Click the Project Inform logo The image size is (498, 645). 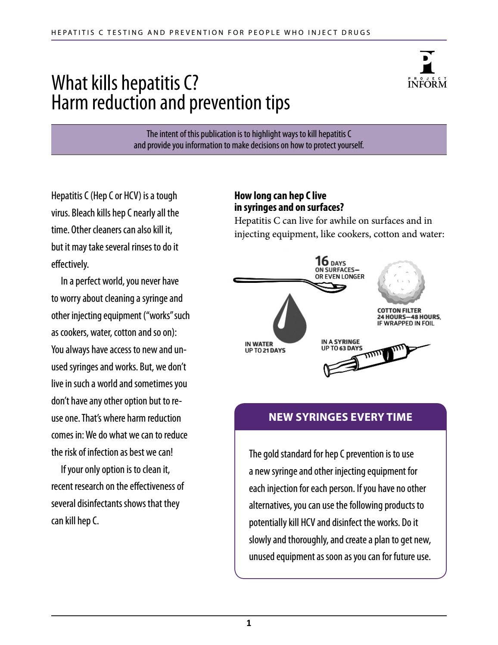coord(427,70)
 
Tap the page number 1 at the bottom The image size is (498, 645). coord(249,623)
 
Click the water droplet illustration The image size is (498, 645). coord(289,319)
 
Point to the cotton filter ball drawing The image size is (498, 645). coord(401,283)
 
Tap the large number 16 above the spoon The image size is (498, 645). coord(322,261)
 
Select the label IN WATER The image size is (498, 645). coord(259,344)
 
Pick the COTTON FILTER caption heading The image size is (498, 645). coord(399,310)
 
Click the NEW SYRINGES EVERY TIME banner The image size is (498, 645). coord(340,417)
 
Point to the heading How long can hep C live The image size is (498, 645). coord(280,196)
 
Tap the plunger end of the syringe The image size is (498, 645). coord(327,370)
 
